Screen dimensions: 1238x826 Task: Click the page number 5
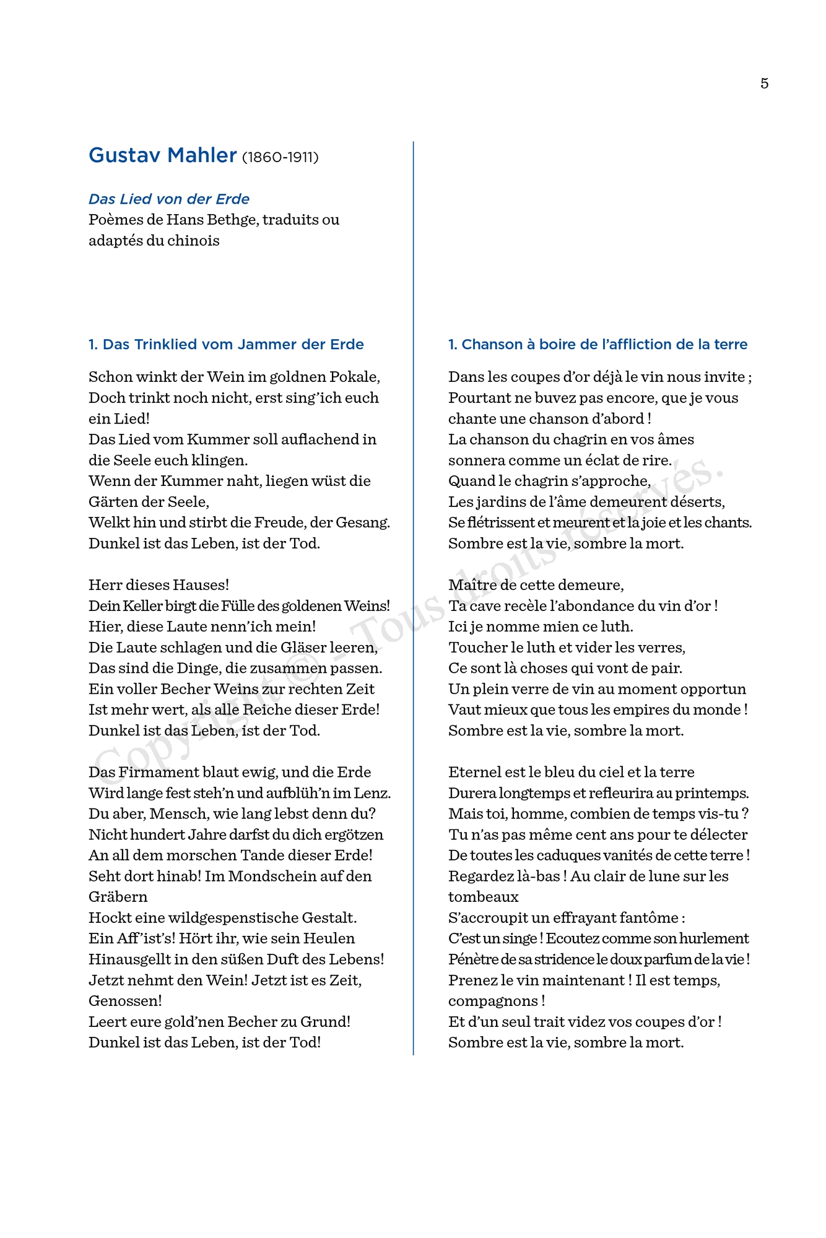coord(764,84)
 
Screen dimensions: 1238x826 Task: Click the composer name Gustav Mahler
coord(163,155)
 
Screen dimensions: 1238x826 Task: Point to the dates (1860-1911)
coord(280,157)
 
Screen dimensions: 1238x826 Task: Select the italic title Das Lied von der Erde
coord(169,199)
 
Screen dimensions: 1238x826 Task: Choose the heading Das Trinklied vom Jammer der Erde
coord(226,344)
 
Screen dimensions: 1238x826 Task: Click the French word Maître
coord(472,585)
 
